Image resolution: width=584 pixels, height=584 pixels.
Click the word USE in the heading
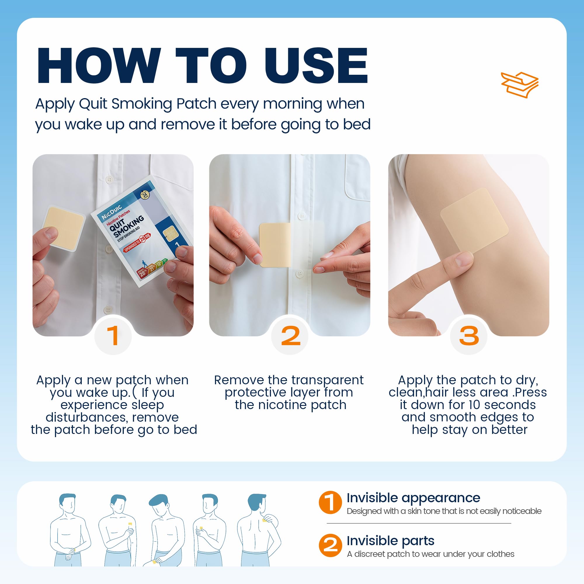click(316, 65)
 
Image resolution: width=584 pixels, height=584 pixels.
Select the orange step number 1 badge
click(113, 336)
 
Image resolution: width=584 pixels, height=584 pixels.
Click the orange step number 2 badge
click(291, 336)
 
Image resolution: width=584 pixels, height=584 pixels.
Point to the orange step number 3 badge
click(469, 336)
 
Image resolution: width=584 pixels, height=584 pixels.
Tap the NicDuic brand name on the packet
click(112, 212)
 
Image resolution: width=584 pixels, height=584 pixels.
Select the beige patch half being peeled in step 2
click(275, 245)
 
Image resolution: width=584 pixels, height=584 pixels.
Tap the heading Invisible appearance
click(413, 498)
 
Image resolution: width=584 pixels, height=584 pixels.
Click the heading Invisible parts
click(390, 541)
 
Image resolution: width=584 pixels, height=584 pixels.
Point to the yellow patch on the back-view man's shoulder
click(265, 521)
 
